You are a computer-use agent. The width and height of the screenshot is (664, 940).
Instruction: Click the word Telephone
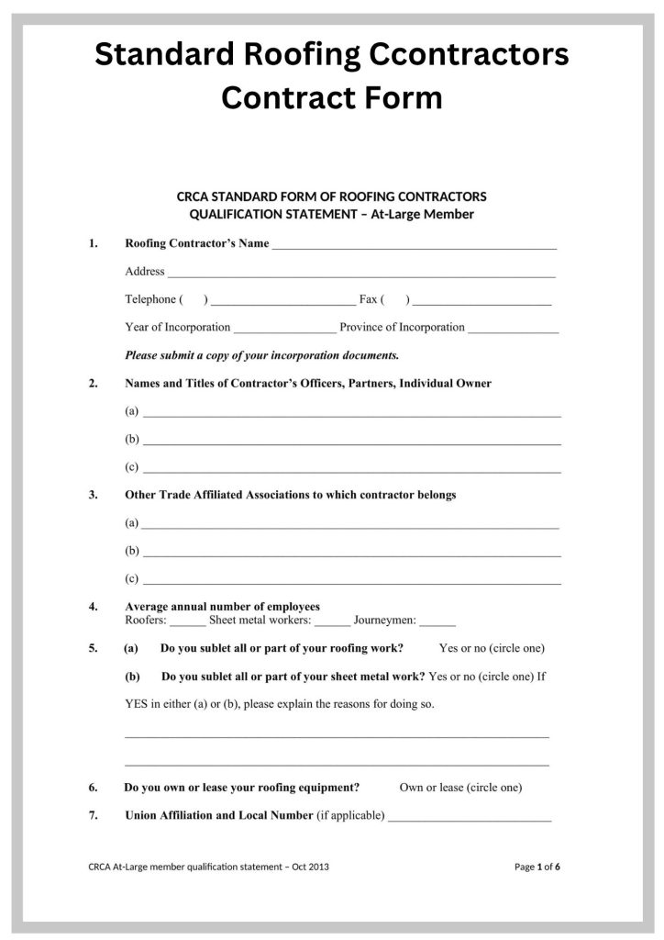(149, 299)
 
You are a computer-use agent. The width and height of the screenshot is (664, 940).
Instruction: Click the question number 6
(94, 788)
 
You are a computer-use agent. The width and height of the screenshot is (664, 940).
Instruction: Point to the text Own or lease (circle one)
(460, 788)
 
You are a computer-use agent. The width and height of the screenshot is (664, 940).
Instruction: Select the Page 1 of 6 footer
(537, 866)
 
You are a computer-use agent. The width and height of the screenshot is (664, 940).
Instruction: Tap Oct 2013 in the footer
(310, 866)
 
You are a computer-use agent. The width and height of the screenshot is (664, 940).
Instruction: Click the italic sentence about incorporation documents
(261, 354)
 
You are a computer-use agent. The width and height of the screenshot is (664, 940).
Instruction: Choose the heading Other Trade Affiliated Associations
(290, 495)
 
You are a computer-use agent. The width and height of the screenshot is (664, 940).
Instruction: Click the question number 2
(94, 384)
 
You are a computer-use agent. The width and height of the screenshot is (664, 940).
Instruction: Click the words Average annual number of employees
(222, 607)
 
